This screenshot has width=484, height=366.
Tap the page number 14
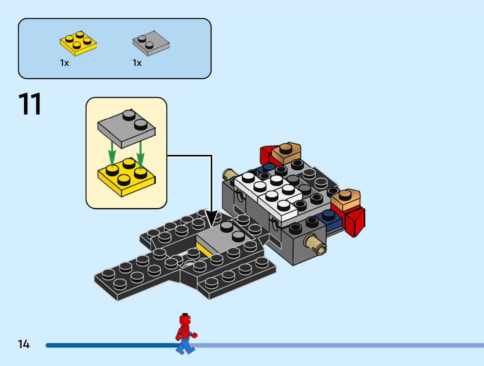coord(24,344)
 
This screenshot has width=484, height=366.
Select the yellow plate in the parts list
coord(78,43)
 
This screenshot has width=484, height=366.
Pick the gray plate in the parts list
coord(151,43)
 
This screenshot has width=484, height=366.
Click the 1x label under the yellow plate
coord(64,63)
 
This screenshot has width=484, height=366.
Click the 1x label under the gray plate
coord(137,63)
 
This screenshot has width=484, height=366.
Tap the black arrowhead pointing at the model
coord(211,218)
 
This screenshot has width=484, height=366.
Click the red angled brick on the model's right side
coord(354,221)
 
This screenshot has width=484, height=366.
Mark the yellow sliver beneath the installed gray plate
coord(204,249)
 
